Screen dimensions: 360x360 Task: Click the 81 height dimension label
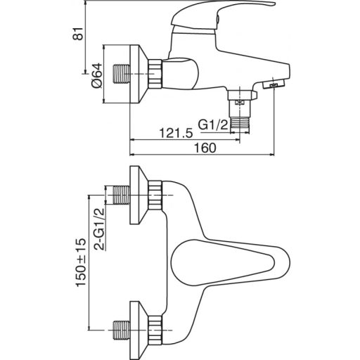point(78,33)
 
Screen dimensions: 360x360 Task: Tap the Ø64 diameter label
point(97,75)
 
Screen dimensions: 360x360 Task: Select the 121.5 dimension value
point(176,134)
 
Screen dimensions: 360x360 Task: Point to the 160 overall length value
point(205,148)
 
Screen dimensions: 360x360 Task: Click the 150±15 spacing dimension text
point(81,262)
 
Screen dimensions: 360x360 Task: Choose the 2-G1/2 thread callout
point(99,229)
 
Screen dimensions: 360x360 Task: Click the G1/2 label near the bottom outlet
point(213,124)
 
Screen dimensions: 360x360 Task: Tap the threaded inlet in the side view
point(122,74)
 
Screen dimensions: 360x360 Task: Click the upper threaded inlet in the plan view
point(122,195)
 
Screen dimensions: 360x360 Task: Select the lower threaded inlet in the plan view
point(122,330)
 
